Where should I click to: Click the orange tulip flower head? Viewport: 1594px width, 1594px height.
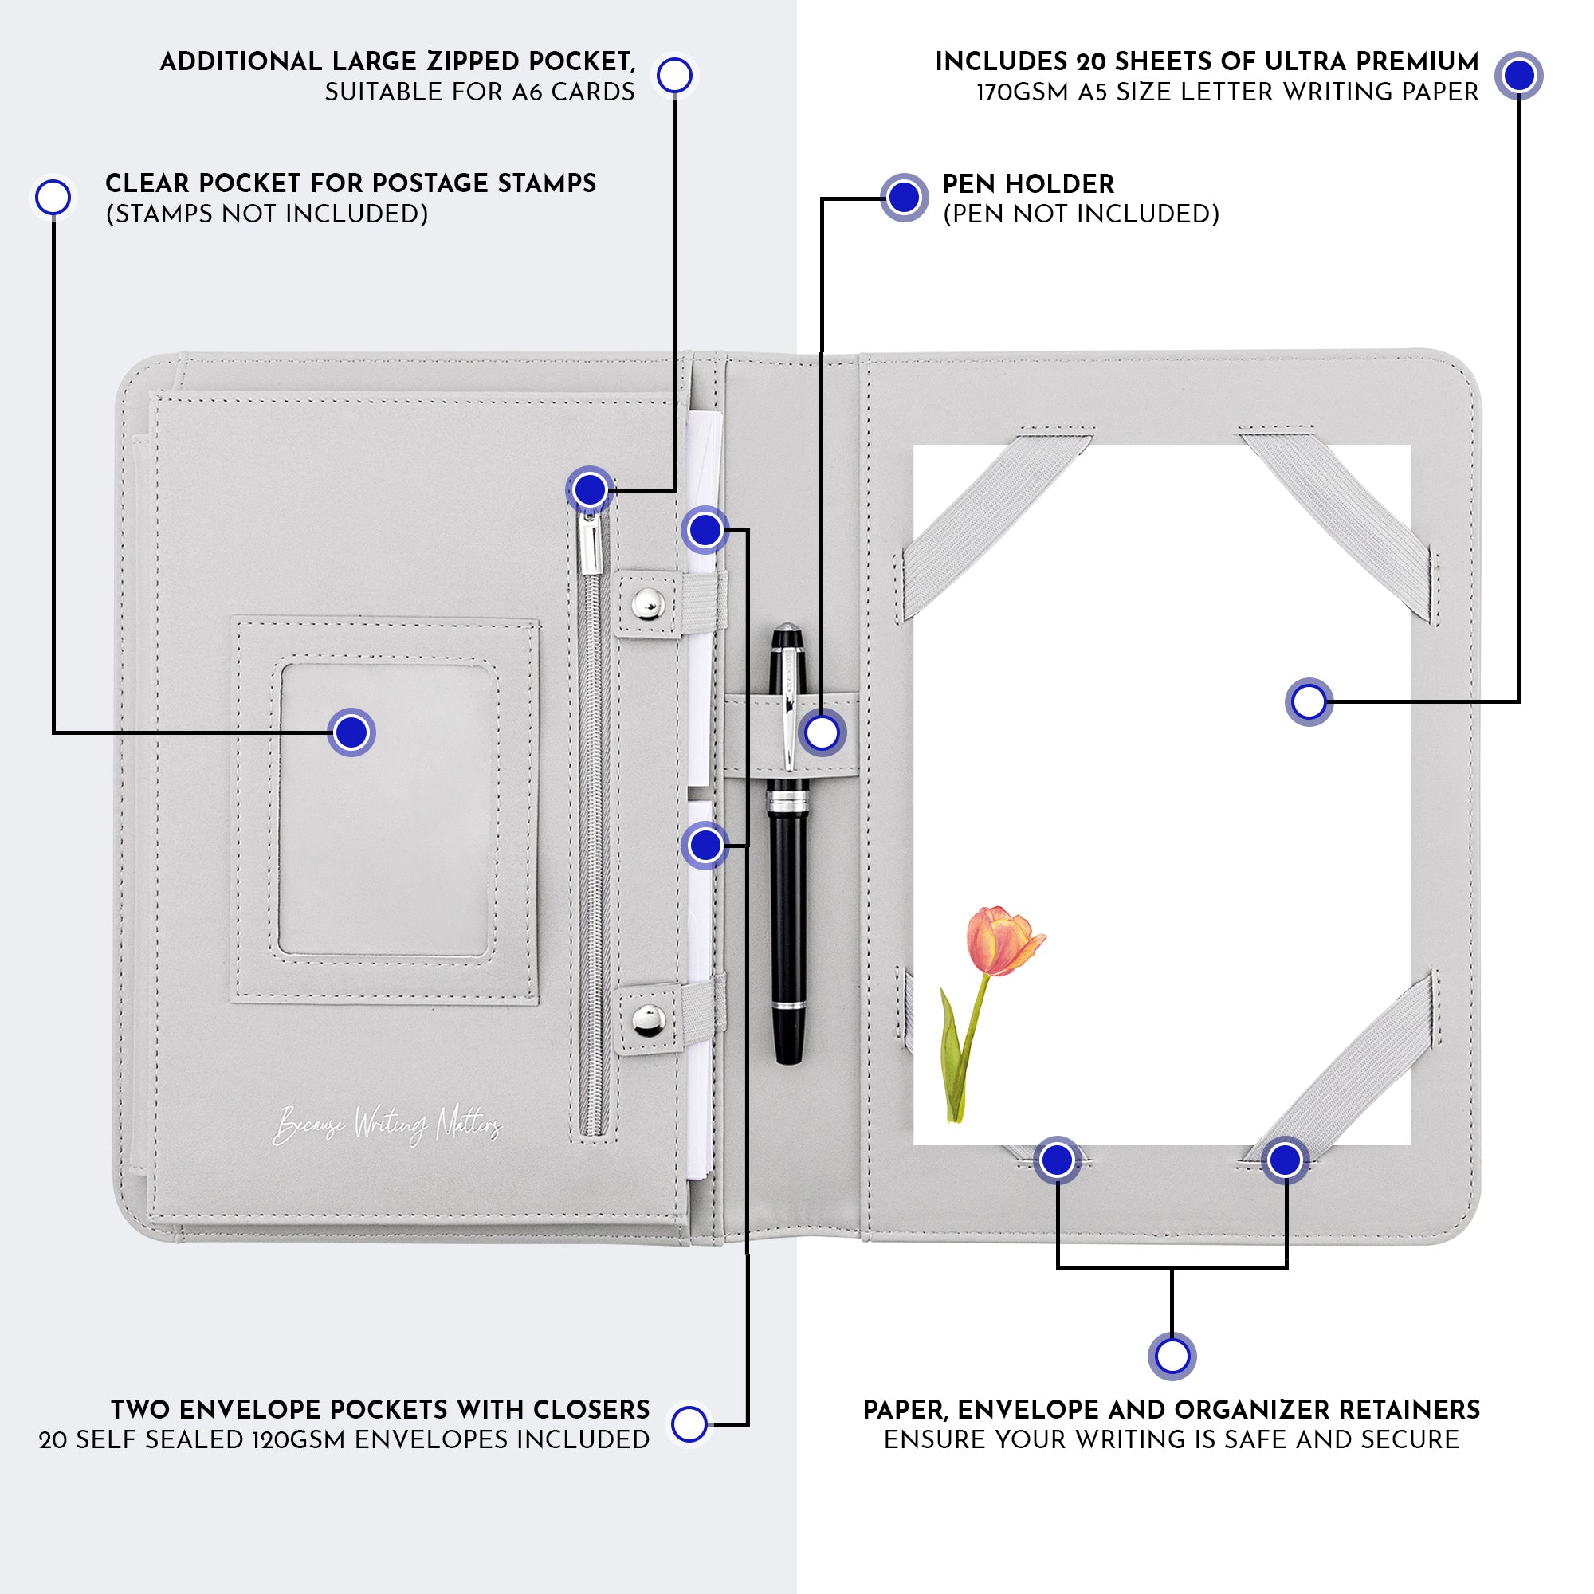pos(1002,940)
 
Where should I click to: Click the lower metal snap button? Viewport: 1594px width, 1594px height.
pos(649,1020)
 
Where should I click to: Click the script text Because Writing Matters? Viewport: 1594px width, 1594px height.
pos(387,1125)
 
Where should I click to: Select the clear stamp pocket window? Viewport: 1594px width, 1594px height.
pos(388,808)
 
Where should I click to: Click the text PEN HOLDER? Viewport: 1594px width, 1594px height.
pos(1028,183)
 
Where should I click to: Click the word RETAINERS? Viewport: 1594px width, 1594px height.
pos(1404,1410)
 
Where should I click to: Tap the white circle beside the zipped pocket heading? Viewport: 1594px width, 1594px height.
pos(675,75)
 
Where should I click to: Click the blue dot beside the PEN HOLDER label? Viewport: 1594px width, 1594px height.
pos(905,197)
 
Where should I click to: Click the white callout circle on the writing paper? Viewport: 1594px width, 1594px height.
pos(1309,702)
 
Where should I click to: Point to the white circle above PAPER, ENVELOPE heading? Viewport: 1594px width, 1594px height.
pos(1172,1356)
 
